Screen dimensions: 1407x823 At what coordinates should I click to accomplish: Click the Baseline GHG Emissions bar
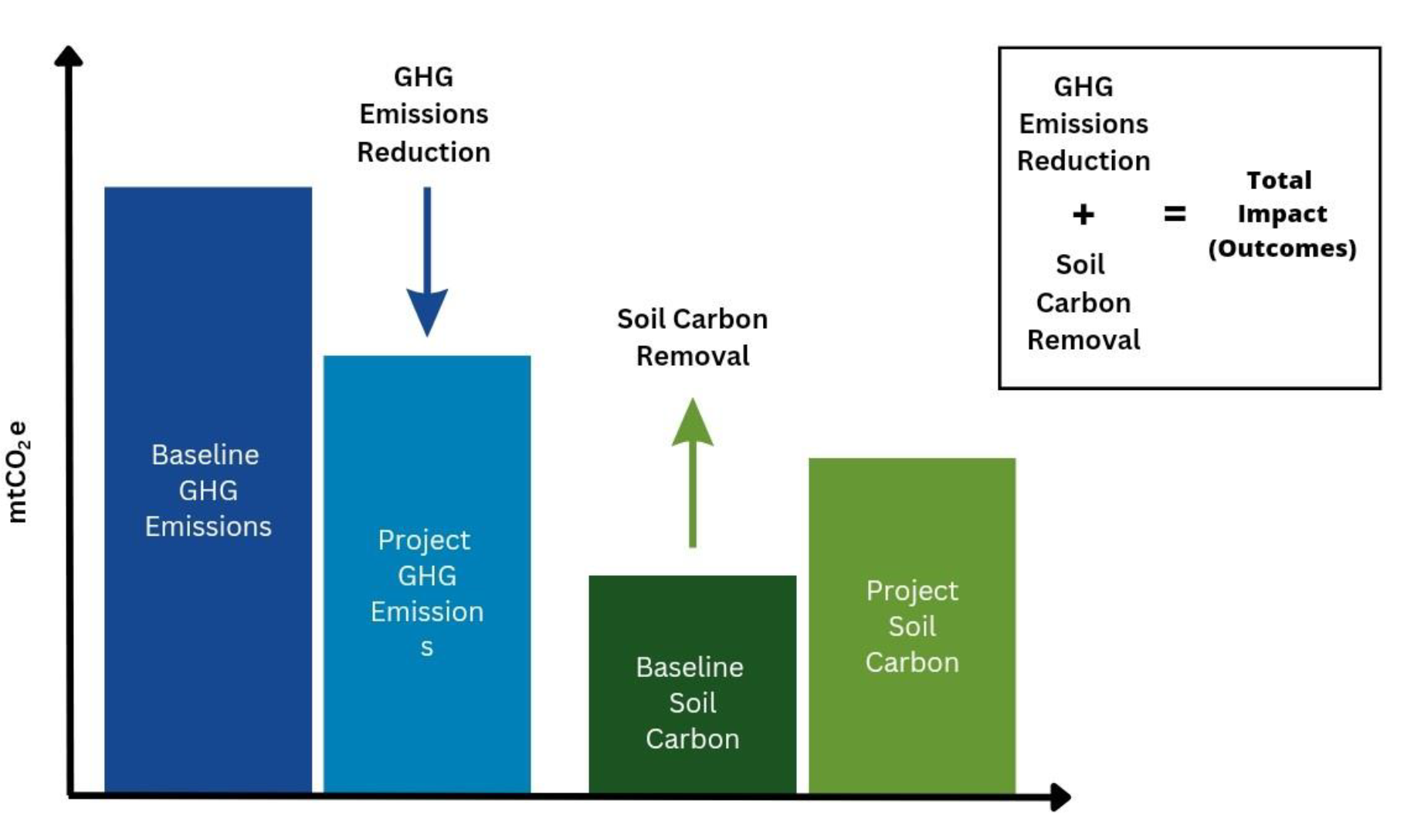pyautogui.click(x=208, y=489)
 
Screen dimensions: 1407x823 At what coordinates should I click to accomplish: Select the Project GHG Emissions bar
pyautogui.click(x=427, y=574)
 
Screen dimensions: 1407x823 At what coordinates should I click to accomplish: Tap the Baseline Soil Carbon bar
pyautogui.click(x=693, y=684)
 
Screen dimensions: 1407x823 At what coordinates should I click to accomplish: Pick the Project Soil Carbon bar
pyautogui.click(x=912, y=625)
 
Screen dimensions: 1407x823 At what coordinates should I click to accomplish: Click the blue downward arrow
pyautogui.click(x=427, y=262)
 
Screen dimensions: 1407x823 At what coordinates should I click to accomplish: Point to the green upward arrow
pyautogui.click(x=693, y=472)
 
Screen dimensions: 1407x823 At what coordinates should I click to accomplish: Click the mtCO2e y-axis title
pyautogui.click(x=18, y=472)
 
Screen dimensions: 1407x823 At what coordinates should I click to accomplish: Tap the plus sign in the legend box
pyautogui.click(x=1083, y=214)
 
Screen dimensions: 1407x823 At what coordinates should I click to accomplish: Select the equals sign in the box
pyautogui.click(x=1175, y=213)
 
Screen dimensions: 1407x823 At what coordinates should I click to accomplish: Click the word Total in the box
pyautogui.click(x=1280, y=180)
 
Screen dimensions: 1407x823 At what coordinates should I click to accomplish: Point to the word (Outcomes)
pyautogui.click(x=1282, y=248)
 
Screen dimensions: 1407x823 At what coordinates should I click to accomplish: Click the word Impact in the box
pyautogui.click(x=1282, y=214)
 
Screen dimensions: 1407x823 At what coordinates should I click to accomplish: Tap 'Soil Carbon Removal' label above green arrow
pyautogui.click(x=693, y=337)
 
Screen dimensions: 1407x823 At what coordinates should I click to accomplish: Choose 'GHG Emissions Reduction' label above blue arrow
pyautogui.click(x=424, y=114)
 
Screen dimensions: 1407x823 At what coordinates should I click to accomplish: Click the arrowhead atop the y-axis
pyautogui.click(x=69, y=56)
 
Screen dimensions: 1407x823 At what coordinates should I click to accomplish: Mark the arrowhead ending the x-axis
pyautogui.click(x=1061, y=797)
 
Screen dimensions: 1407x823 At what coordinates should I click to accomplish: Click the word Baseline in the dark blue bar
pyautogui.click(x=205, y=455)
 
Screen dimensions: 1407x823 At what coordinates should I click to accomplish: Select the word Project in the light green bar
pyautogui.click(x=912, y=591)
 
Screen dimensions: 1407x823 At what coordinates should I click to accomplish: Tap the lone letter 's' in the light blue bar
pyautogui.click(x=427, y=648)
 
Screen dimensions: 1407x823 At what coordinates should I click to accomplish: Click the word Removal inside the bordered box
pyautogui.click(x=1083, y=340)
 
